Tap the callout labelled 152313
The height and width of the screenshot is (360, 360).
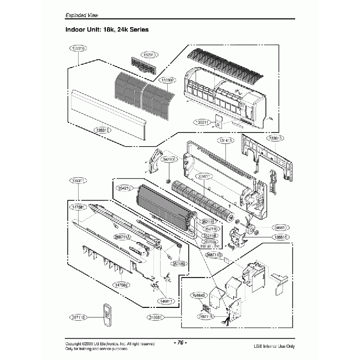148,55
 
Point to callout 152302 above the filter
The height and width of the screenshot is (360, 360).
168,80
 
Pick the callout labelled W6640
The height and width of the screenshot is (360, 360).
197,295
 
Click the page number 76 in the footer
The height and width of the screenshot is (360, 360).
179,342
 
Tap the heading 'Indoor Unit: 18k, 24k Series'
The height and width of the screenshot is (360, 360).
109,29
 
